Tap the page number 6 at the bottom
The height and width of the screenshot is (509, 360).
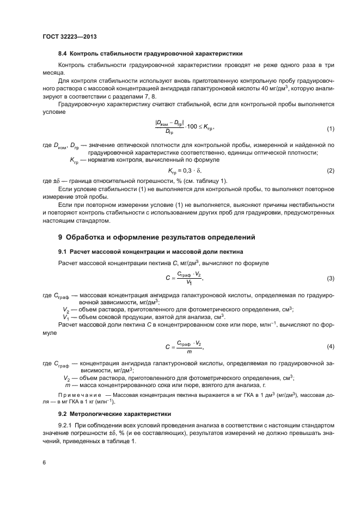[44, 462]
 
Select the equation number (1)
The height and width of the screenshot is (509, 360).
[330, 128]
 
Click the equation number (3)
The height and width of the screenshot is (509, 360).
[330, 278]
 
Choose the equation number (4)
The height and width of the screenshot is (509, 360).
[330, 346]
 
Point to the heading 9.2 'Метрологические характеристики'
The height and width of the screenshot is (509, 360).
[114, 414]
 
